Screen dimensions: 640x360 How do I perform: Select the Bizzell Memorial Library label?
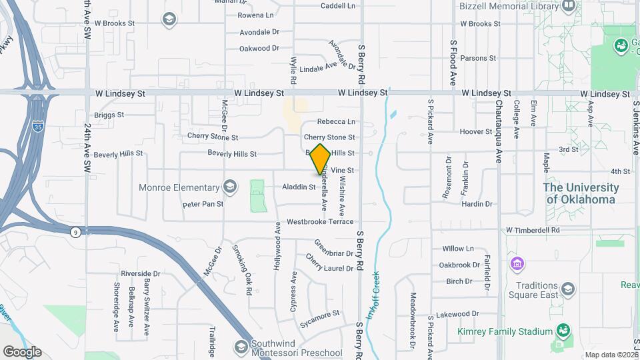pyautogui.click(x=508, y=7)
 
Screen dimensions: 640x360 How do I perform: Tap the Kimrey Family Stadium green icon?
pyautogui.click(x=564, y=331)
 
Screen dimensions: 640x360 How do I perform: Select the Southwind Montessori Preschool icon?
pyautogui.click(x=240, y=345)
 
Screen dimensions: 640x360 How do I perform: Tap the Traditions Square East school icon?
pyautogui.click(x=567, y=288)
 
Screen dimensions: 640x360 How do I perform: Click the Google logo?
pyautogui.click(x=22, y=351)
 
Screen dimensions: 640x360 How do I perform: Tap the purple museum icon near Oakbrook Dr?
pyautogui.click(x=517, y=265)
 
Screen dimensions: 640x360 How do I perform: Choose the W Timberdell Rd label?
pyautogui.click(x=541, y=230)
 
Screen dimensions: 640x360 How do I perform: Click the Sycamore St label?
pyautogui.click(x=319, y=312)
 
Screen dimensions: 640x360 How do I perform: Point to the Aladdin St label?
pyautogui.click(x=299, y=187)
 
